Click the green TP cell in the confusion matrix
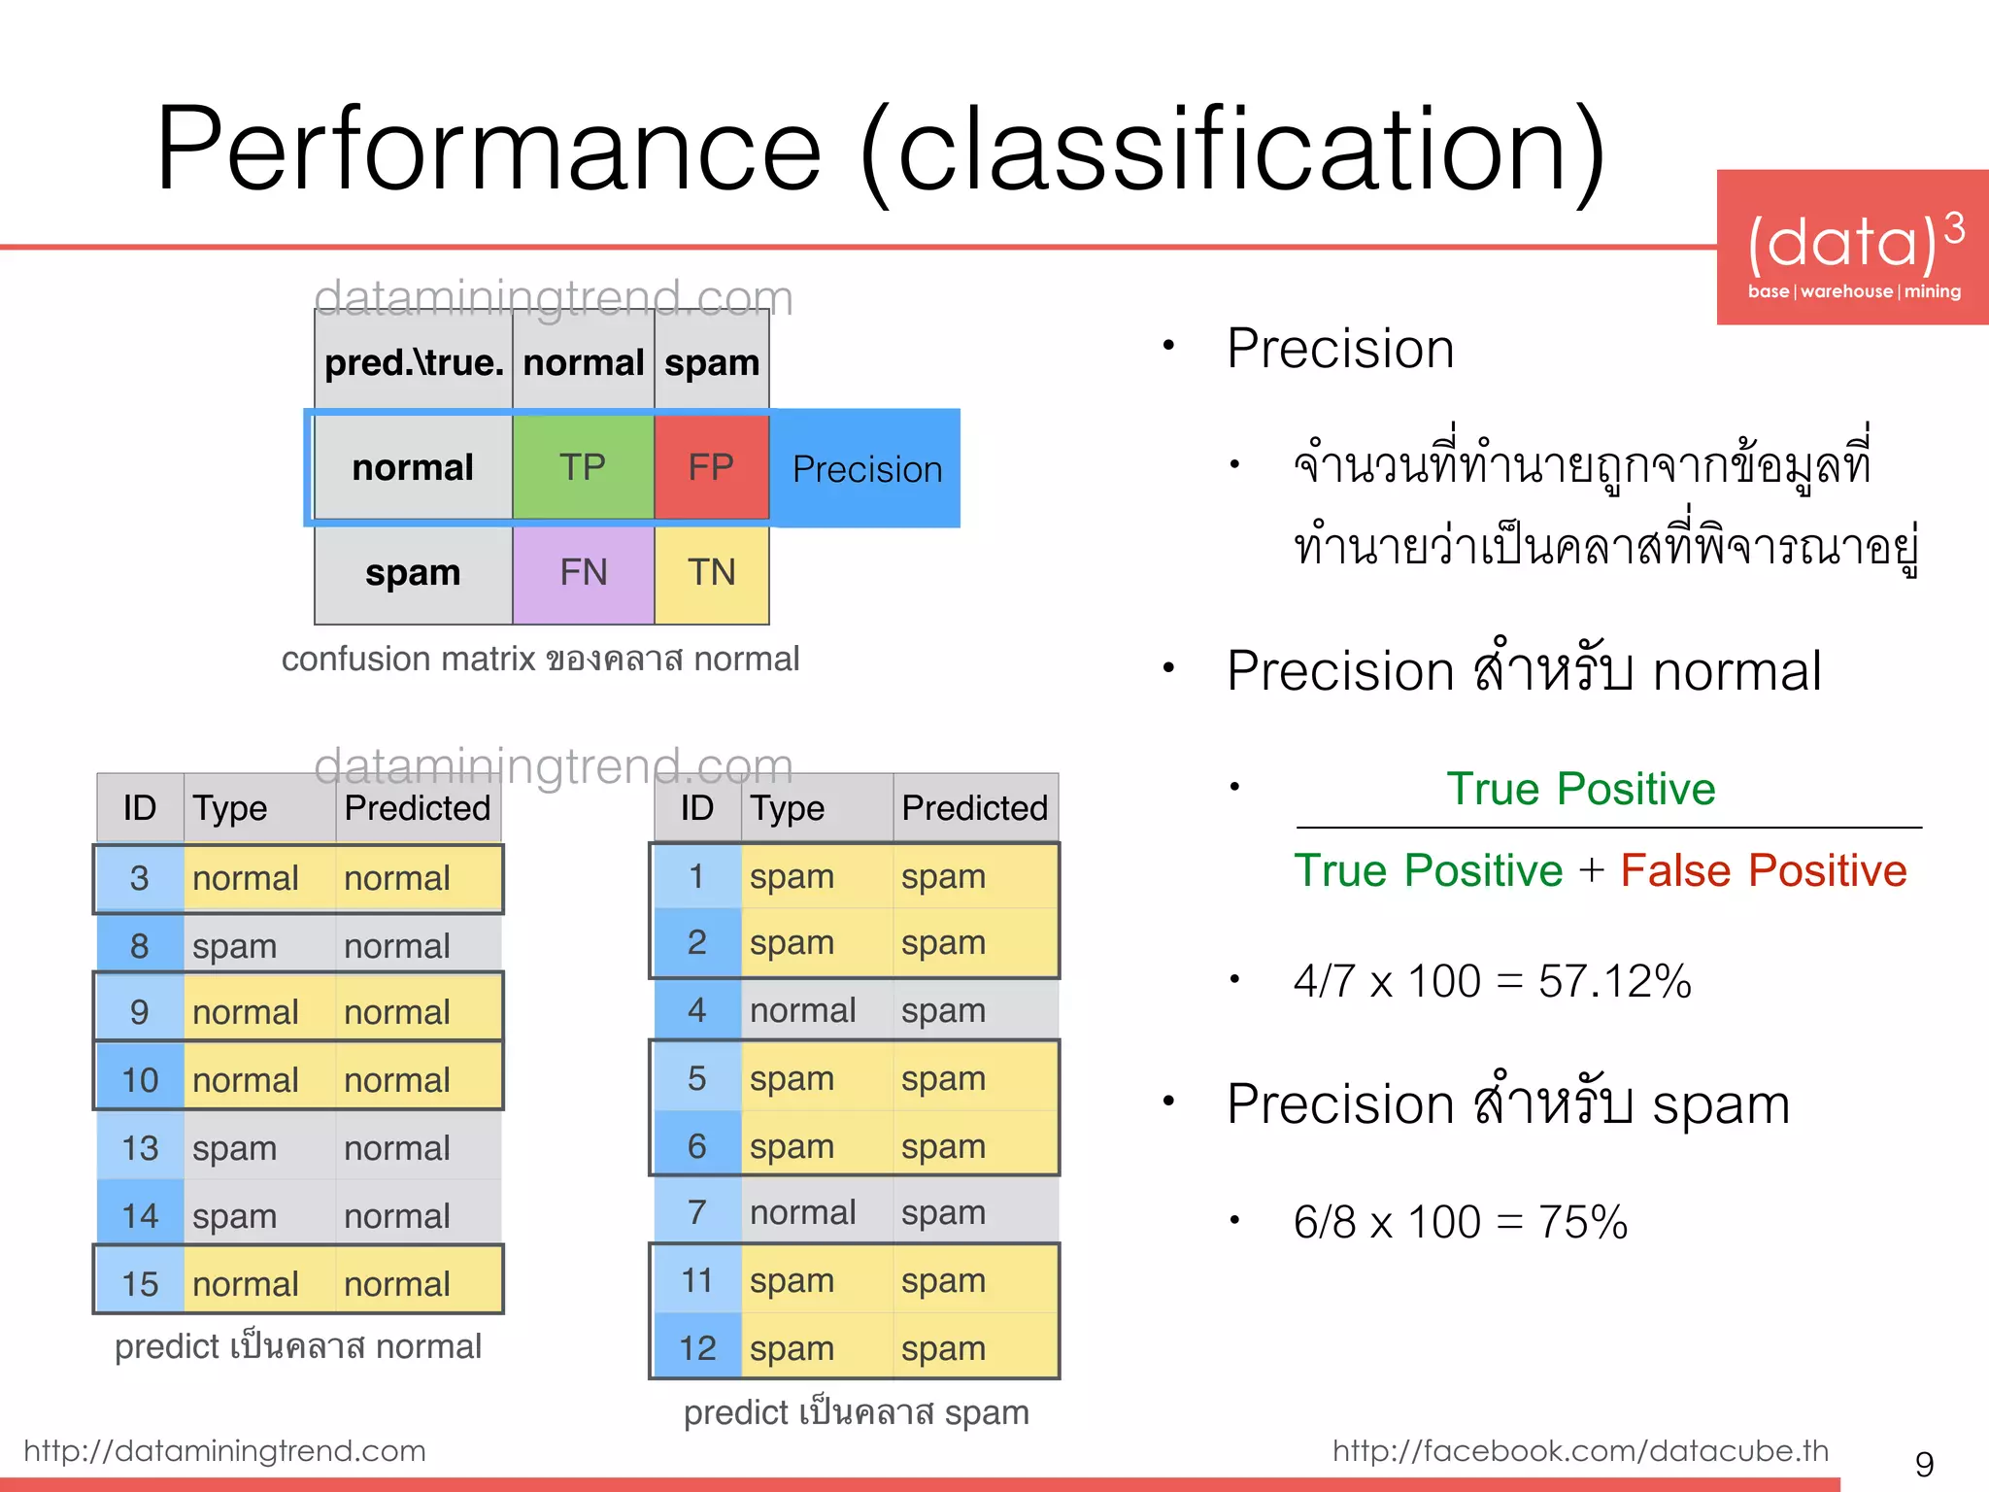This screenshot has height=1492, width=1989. click(x=583, y=467)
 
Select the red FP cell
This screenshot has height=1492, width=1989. click(x=711, y=467)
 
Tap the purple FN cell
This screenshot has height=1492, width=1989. click(x=583, y=572)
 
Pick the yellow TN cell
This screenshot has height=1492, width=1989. click(x=711, y=572)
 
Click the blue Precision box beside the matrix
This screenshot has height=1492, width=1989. click(x=866, y=469)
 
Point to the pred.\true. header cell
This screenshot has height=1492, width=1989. click(x=414, y=362)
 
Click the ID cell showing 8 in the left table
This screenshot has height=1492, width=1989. click(x=140, y=945)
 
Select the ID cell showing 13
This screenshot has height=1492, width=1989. click(x=140, y=1148)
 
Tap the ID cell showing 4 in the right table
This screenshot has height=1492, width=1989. click(x=696, y=1010)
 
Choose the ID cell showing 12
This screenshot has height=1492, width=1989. click(x=696, y=1348)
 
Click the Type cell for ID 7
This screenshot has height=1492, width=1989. click(x=802, y=1212)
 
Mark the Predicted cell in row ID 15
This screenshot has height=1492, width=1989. click(x=398, y=1284)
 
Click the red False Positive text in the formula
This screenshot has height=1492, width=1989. click(x=1763, y=870)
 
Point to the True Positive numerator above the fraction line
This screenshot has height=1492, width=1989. click(x=1580, y=789)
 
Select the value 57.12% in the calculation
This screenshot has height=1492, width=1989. click(x=1614, y=981)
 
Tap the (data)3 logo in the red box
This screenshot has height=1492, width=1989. click(x=1853, y=243)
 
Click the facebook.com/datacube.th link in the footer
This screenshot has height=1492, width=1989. click(x=1580, y=1450)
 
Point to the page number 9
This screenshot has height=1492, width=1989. click(x=1924, y=1464)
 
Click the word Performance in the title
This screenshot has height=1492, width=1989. click(x=489, y=151)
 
